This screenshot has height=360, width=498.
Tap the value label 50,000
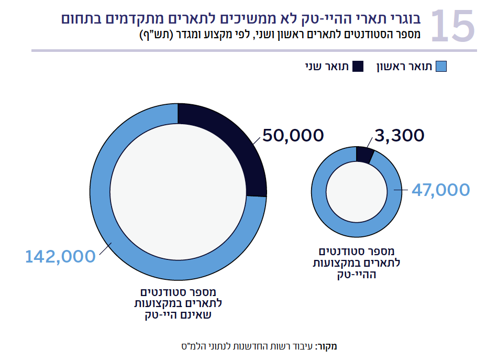[293, 135]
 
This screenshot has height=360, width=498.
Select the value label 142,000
[60, 256]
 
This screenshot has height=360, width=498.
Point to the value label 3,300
[400, 135]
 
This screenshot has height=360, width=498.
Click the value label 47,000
[440, 190]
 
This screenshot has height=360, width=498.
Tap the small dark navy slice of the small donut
[363, 155]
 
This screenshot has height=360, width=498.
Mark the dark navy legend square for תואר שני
[358, 67]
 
